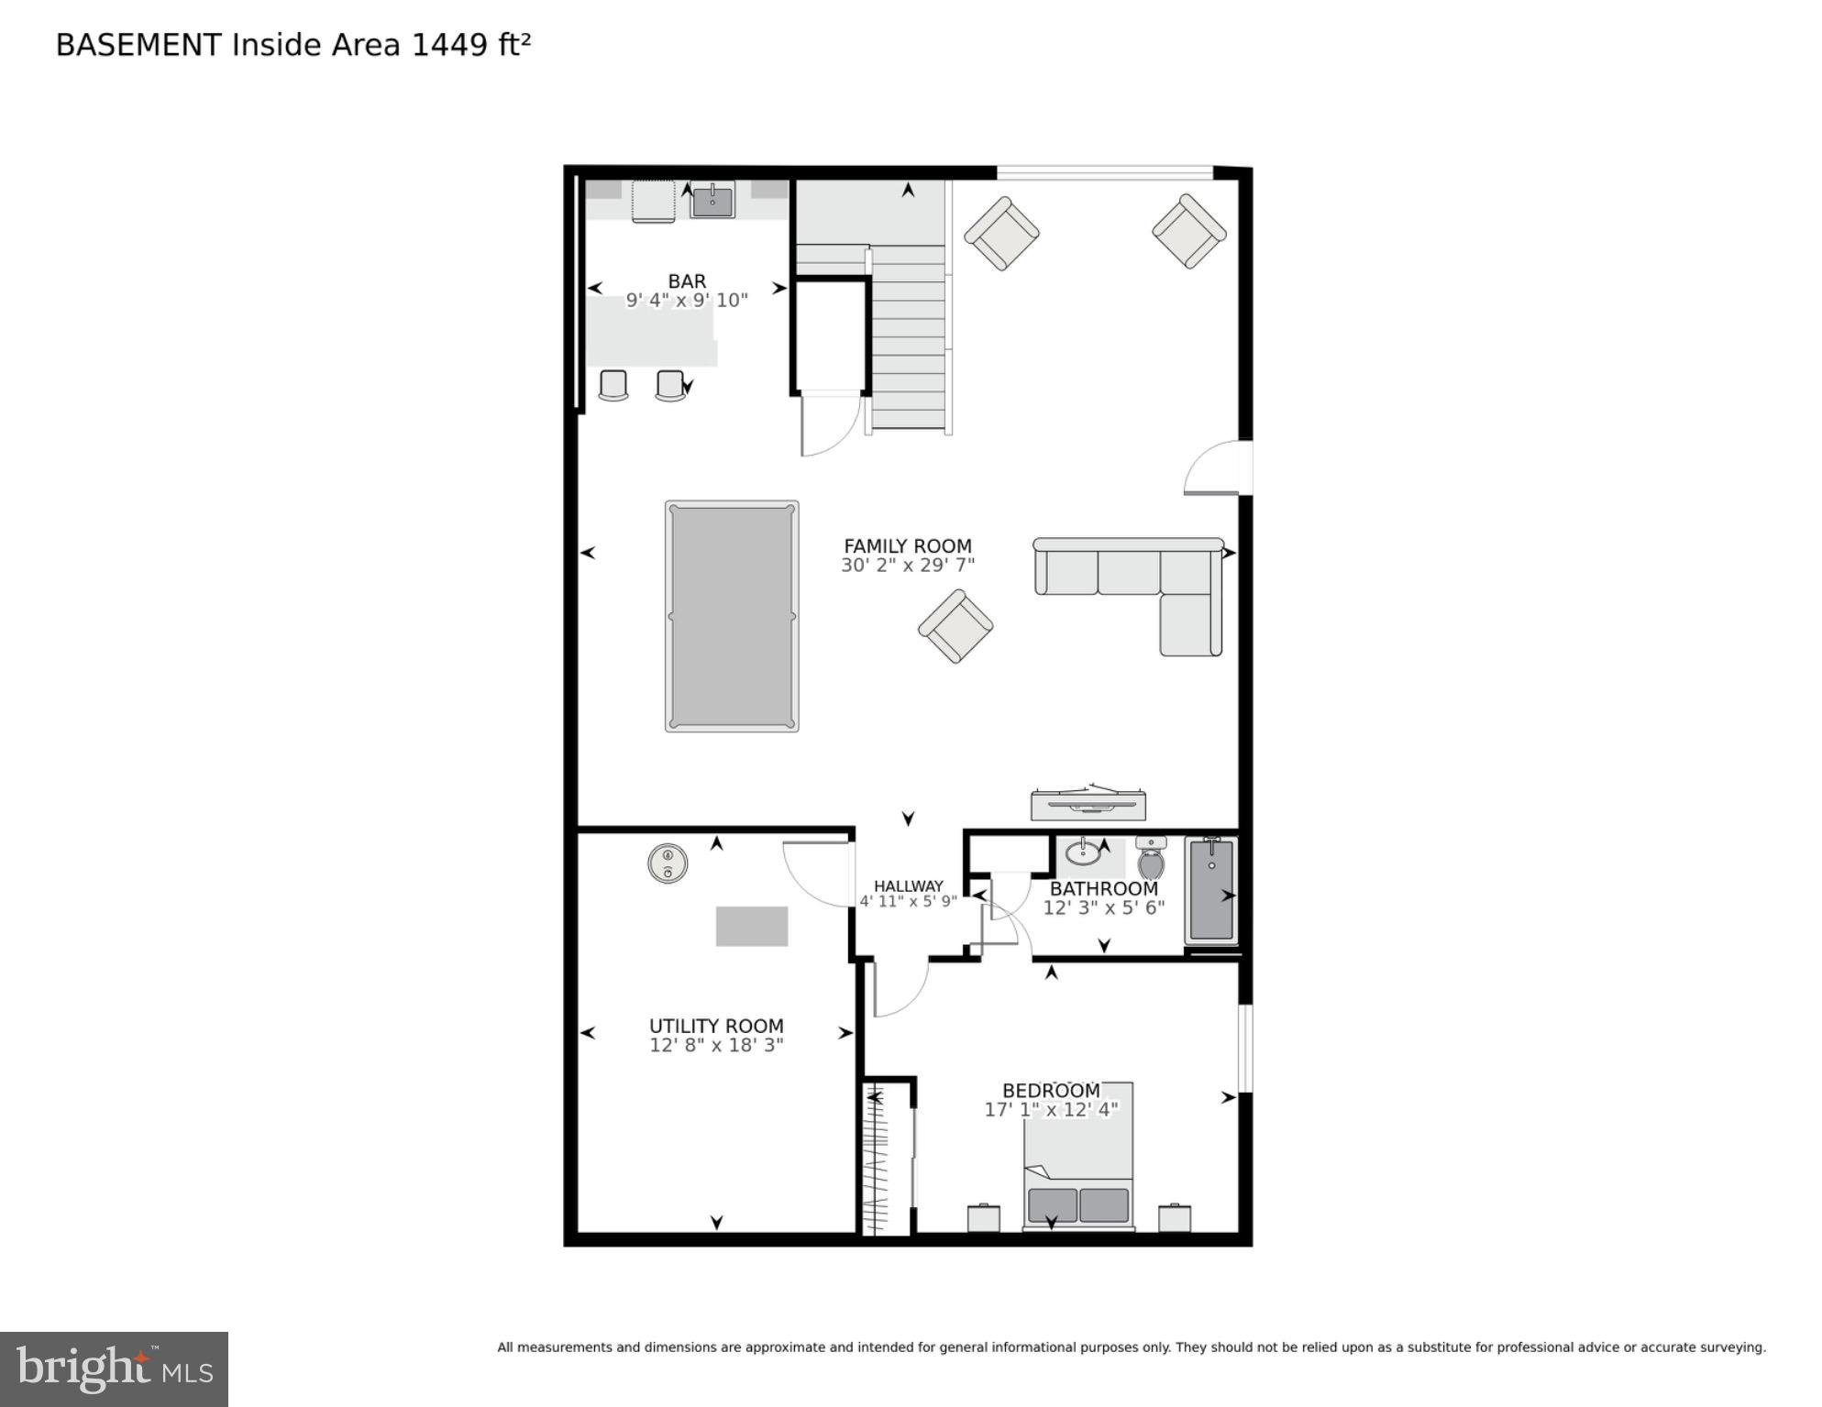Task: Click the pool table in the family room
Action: pos(731,616)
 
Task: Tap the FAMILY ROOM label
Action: pos(907,545)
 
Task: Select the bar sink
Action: pos(712,201)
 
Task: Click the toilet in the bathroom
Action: pos(1151,859)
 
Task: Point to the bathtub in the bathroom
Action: pos(1210,890)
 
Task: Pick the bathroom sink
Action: pos(1084,853)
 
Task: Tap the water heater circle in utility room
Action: pos(668,863)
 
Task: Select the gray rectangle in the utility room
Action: pos(751,926)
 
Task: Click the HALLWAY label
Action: pos(908,886)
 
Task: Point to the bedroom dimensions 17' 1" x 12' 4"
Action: pos(1051,1110)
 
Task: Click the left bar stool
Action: pos(613,385)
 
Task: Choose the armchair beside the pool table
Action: pos(955,626)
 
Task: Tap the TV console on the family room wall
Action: pos(1088,804)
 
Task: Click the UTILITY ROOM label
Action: pos(716,1026)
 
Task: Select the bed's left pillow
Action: pos(1052,1204)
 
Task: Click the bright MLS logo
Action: pos(114,1369)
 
